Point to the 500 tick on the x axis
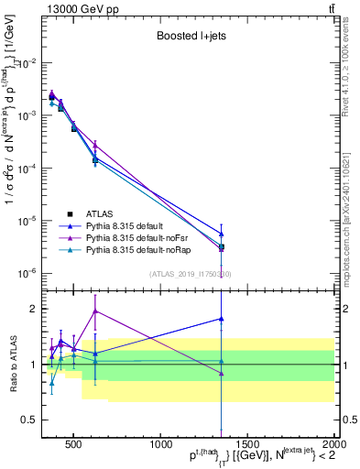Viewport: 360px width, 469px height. [73, 442]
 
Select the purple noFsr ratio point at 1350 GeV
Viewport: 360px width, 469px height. [221, 373]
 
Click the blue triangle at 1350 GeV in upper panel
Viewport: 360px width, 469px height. [221, 234]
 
